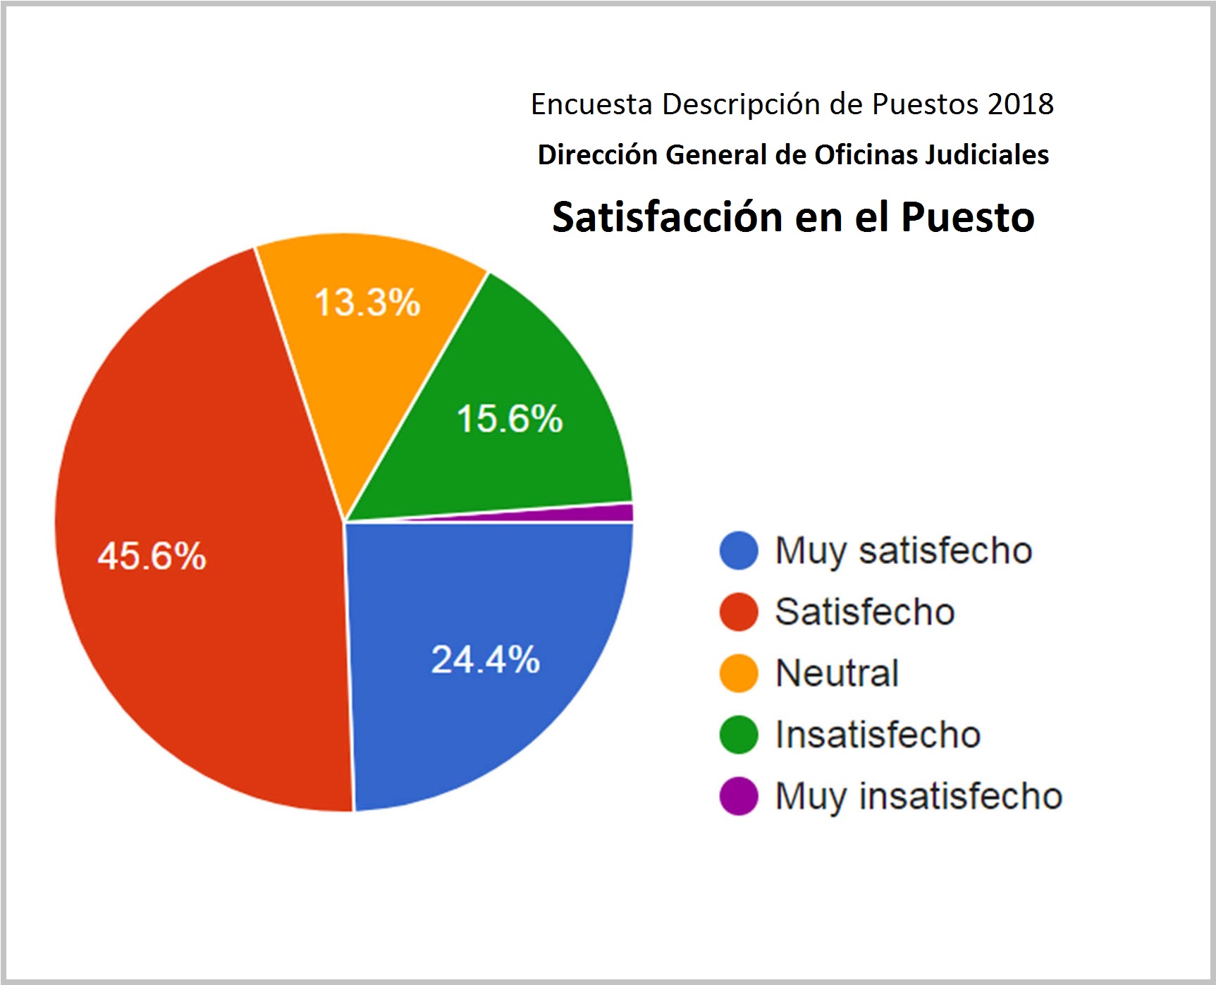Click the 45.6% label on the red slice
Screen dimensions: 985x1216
[152, 556]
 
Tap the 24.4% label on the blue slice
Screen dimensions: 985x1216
[485, 660]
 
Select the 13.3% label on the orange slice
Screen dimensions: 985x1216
[367, 302]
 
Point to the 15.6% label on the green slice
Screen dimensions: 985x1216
[510, 418]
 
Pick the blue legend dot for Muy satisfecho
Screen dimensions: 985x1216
[738, 551]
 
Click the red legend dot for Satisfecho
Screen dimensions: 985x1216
[738, 612]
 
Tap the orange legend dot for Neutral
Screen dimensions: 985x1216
[738, 673]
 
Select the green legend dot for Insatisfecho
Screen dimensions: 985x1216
[738, 735]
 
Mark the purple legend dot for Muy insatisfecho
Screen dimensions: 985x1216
[738, 796]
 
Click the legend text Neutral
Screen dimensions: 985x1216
[837, 673]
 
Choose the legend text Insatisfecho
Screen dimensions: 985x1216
[878, 735]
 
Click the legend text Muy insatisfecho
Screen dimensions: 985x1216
[919, 797]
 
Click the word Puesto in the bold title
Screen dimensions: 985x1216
[967, 216]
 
